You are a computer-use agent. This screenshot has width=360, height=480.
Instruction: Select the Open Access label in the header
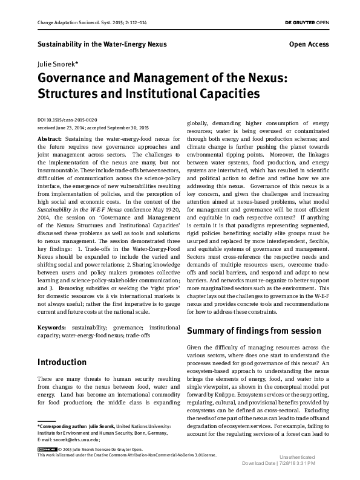click(309, 44)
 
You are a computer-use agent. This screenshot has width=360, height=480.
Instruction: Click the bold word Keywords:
click(53, 327)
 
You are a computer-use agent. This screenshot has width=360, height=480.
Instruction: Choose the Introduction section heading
click(62, 363)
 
